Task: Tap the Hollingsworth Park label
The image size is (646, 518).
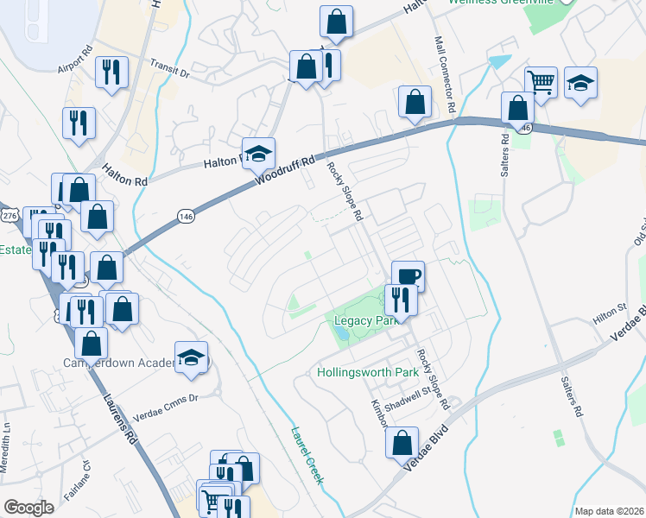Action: click(x=368, y=373)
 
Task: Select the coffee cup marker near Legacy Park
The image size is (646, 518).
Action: click(x=408, y=276)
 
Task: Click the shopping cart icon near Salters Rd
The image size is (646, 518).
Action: click(x=541, y=83)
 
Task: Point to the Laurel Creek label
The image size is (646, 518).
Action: click(x=306, y=455)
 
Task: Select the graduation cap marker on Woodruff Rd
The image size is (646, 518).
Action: click(x=258, y=154)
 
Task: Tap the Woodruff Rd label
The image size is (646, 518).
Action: click(x=282, y=173)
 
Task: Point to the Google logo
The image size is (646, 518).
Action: click(x=28, y=508)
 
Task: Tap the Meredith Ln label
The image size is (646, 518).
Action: click(x=7, y=432)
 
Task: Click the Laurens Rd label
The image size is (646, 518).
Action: click(x=120, y=417)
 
